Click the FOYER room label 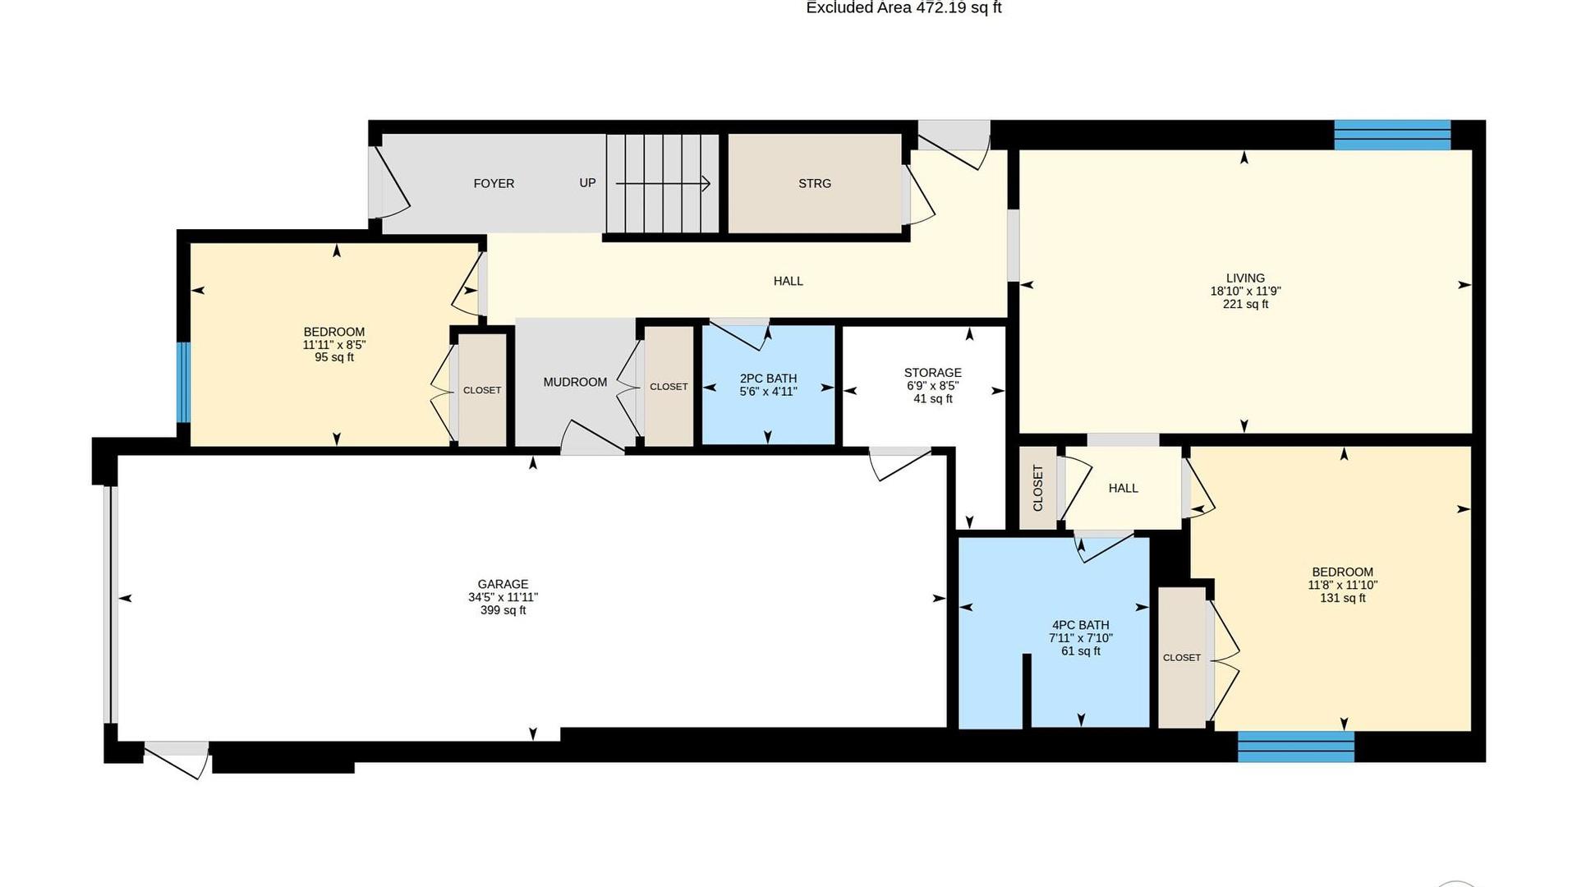coord(494,184)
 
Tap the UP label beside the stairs coord(587,183)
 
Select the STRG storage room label coord(815,184)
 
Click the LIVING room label coord(1245,278)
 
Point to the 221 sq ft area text coord(1245,305)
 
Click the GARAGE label coord(503,585)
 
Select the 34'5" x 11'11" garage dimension coord(503,598)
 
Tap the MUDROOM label coord(575,383)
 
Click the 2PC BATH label coord(768,379)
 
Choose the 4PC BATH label coord(1081,626)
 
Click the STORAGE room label coord(933,373)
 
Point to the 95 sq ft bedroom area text coord(334,358)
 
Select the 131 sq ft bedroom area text coord(1342,599)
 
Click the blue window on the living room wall coord(1392,136)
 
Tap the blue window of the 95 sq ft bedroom coord(184,382)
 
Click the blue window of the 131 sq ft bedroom coord(1296,747)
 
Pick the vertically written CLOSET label coord(1037,488)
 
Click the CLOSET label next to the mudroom coord(669,387)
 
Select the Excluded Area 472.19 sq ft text coord(903,8)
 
